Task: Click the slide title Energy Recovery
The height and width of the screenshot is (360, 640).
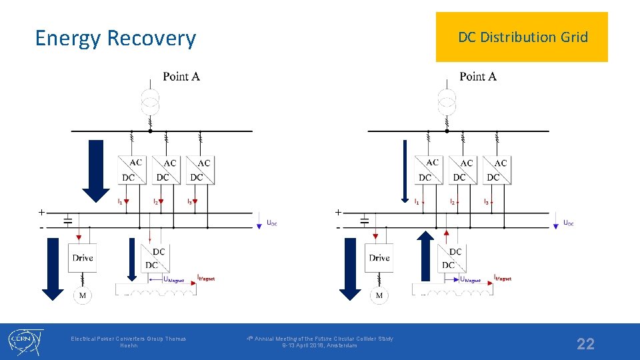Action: pyautogui.click(x=115, y=38)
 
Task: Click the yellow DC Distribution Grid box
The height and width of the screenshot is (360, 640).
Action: pyautogui.click(x=522, y=37)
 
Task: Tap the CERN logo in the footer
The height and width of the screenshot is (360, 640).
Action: pyautogui.click(x=25, y=341)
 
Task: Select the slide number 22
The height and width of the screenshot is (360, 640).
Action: pyautogui.click(x=585, y=344)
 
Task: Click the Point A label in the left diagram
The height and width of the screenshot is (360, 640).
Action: pyautogui.click(x=181, y=77)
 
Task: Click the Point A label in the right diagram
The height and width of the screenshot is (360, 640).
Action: pyautogui.click(x=477, y=77)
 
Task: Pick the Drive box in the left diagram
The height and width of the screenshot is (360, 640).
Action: pyautogui.click(x=83, y=258)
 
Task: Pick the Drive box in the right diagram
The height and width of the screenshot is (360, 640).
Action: pyautogui.click(x=379, y=258)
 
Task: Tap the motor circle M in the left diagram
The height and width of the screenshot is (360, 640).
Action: pyautogui.click(x=83, y=295)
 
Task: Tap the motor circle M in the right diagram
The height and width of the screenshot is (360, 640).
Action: pyautogui.click(x=379, y=295)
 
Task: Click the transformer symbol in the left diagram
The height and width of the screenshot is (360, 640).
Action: pyautogui.click(x=151, y=101)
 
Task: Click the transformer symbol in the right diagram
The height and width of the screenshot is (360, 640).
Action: pyautogui.click(x=447, y=101)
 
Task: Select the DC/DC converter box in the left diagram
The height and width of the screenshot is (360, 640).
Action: pyautogui.click(x=155, y=258)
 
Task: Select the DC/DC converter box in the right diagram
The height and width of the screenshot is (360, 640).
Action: pyautogui.click(x=452, y=258)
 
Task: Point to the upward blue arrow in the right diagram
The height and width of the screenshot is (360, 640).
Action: pyautogui.click(x=426, y=256)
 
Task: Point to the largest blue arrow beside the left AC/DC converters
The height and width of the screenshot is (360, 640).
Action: pyautogui.click(x=98, y=170)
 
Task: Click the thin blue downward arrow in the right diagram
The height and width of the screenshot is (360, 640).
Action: pyautogui.click(x=404, y=171)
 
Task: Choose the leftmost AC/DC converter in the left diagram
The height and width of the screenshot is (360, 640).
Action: pyautogui.click(x=131, y=169)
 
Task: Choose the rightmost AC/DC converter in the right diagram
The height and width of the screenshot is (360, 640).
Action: pyautogui.click(x=497, y=169)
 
